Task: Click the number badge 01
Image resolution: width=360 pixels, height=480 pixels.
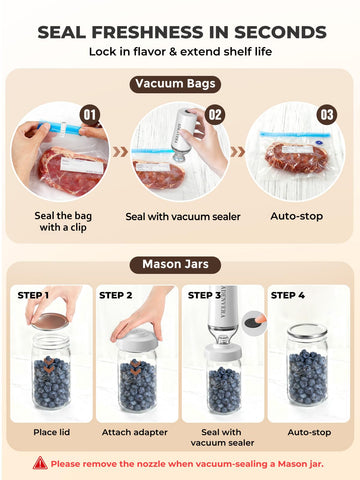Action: tap(90, 115)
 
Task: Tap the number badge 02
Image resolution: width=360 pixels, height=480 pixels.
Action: tap(215, 115)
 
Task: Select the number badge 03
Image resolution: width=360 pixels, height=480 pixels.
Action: tap(327, 115)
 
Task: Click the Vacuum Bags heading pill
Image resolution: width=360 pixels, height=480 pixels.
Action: tap(175, 84)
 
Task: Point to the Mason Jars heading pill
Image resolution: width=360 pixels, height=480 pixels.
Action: tap(175, 265)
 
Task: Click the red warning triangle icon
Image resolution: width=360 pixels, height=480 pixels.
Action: tap(40, 463)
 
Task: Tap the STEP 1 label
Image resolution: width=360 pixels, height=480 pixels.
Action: tap(33, 295)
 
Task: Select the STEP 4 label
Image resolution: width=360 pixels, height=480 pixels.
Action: tap(288, 295)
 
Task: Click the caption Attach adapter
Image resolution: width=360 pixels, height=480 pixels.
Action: tap(135, 432)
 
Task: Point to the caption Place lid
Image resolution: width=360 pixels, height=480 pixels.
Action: tap(52, 432)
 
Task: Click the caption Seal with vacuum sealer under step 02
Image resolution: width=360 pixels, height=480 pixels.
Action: tap(183, 217)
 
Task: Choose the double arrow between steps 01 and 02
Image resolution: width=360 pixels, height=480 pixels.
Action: tap(120, 152)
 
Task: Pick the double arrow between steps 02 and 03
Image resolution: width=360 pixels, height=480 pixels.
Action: tap(238, 152)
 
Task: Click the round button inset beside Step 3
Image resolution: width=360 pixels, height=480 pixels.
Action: tap(253, 322)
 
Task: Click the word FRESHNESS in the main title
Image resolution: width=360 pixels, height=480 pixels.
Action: tap(147, 32)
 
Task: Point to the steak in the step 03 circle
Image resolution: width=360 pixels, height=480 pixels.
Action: tap(296, 158)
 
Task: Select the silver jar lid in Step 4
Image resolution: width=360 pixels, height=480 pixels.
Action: tap(307, 331)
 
